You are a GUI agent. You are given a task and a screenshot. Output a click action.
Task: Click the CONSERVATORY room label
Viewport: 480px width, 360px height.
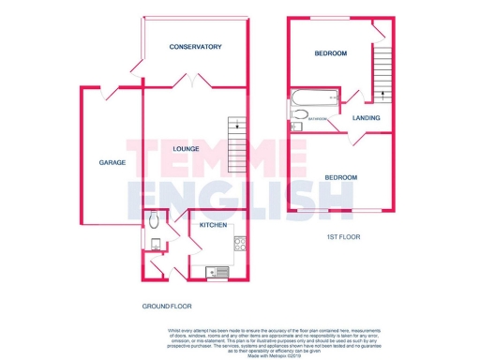[x=195, y=46]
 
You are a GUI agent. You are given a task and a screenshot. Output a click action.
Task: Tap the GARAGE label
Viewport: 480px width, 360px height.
[x=112, y=162]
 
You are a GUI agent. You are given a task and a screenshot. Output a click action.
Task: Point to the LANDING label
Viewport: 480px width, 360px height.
[x=366, y=118]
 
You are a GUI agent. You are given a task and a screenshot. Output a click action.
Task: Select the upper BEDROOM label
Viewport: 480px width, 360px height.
[x=329, y=52]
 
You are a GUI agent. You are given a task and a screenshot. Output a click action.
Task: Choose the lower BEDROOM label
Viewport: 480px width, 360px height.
[x=340, y=177]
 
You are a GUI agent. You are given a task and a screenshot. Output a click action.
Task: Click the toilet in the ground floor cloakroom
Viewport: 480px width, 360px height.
[x=153, y=222]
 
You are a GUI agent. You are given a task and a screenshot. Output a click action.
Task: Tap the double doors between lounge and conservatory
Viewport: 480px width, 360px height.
[x=191, y=83]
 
